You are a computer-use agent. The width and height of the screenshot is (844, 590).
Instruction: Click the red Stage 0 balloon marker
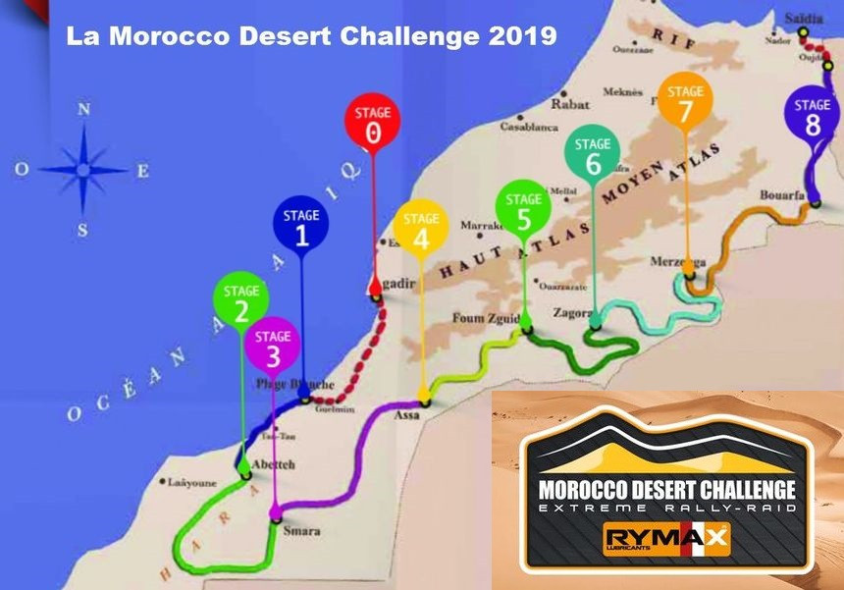pyautogui.click(x=372, y=124)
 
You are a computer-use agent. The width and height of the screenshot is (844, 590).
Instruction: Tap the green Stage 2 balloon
pyautogui.click(x=240, y=301)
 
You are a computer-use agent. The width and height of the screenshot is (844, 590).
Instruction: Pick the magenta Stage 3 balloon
pyautogui.click(x=273, y=347)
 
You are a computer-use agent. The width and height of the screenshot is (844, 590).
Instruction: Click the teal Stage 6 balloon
pyautogui.click(x=592, y=154)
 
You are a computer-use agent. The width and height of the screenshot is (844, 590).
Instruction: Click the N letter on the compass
pyautogui.click(x=84, y=110)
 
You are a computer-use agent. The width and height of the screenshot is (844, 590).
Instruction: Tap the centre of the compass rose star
pyautogui.click(x=84, y=170)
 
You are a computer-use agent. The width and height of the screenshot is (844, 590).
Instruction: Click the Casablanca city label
pyautogui.click(x=529, y=127)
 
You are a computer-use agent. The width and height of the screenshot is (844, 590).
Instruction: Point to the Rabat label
pyautogui.click(x=570, y=103)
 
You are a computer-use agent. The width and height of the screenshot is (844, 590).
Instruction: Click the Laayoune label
pyautogui.click(x=190, y=483)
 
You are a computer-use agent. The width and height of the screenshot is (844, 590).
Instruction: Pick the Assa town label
pyautogui.click(x=406, y=416)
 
